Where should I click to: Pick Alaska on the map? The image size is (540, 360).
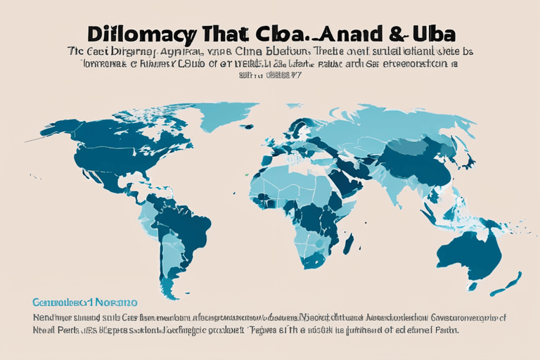[67, 130]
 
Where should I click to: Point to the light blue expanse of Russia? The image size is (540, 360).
[394, 120]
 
